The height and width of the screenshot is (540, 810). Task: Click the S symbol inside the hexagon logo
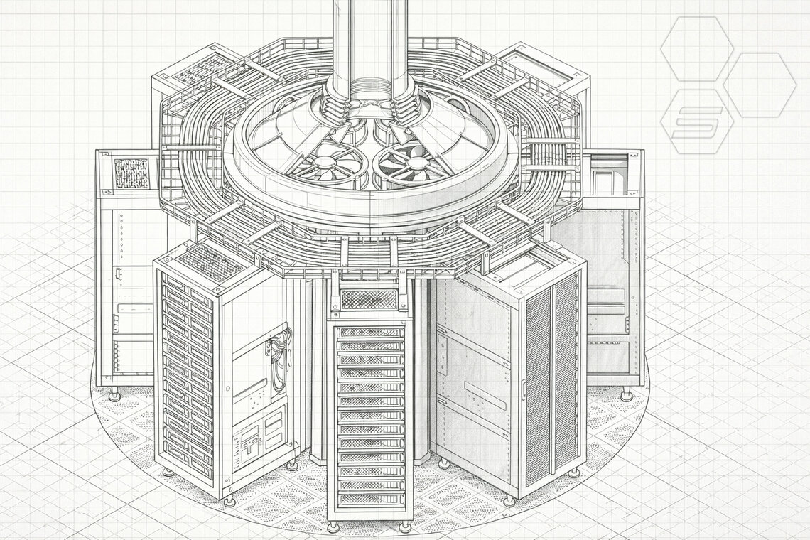(697, 121)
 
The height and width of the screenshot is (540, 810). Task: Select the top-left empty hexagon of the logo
(696, 48)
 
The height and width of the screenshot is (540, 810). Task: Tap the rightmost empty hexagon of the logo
(760, 85)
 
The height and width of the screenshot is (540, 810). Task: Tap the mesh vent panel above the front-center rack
(369, 299)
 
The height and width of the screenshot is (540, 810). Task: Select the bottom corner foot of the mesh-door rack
(509, 501)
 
